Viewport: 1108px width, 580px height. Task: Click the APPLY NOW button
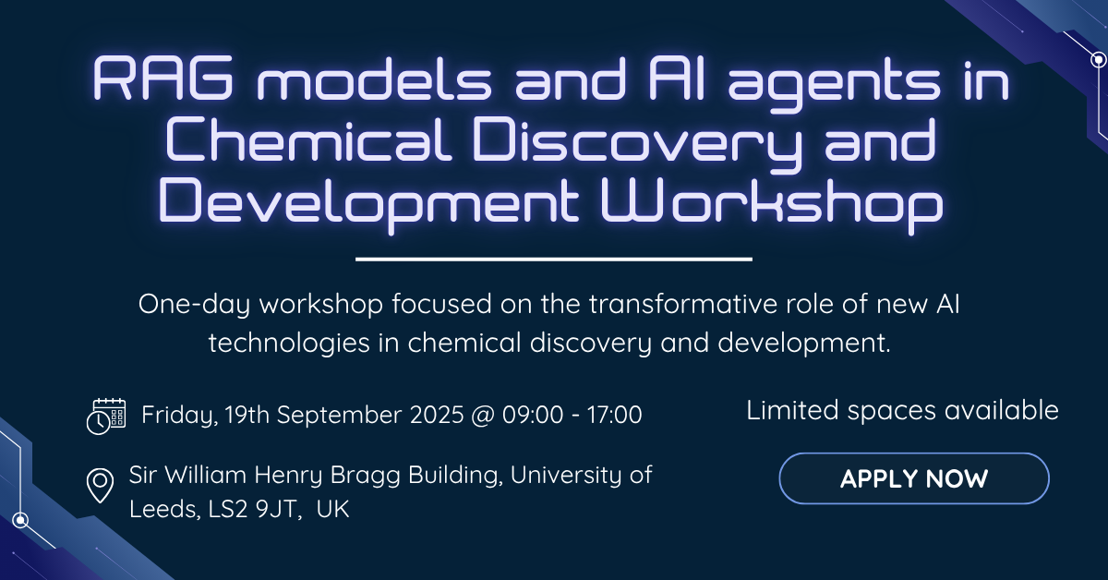coord(914,478)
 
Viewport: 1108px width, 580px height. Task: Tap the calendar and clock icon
coord(106,417)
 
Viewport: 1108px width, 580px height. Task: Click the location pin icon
coord(100,486)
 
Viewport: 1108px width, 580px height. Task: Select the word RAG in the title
coord(163,79)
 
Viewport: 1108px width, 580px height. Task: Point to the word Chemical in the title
coord(308,139)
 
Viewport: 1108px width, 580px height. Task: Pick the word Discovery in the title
coord(638,142)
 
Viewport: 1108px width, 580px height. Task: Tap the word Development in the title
coord(368,205)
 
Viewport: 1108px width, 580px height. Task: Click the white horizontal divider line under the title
coord(554,259)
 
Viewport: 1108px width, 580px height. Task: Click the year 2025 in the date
coord(437,415)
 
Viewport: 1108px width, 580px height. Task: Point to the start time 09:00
coord(533,415)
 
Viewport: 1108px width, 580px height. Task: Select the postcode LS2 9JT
coord(252,509)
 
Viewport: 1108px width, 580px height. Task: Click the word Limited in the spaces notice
coord(792,410)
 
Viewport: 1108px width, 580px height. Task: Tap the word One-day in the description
coord(195,306)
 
